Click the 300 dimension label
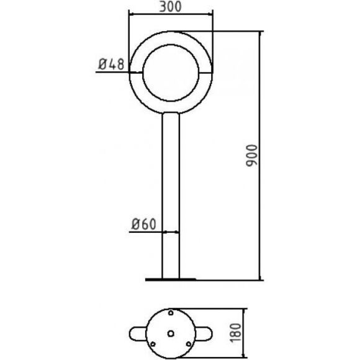click(170, 7)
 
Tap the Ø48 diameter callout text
click(111, 64)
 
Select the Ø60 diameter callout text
click(144, 224)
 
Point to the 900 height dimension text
click(251, 155)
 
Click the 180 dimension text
click(236, 333)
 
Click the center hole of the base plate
click(171, 333)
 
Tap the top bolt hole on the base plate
click(171, 313)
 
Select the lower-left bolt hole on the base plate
click(153, 344)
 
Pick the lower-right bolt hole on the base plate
click(189, 344)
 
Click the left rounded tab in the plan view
click(138, 333)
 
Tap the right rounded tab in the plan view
click(204, 333)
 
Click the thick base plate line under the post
click(171, 279)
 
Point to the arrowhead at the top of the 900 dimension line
click(260, 34)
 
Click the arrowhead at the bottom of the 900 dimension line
click(260, 277)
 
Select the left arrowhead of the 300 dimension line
click(132, 14)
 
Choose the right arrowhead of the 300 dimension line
click(209, 14)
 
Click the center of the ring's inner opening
click(171, 73)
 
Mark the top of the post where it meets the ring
click(171, 112)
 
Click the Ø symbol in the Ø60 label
click(135, 224)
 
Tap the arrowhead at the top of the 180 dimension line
click(244, 312)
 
